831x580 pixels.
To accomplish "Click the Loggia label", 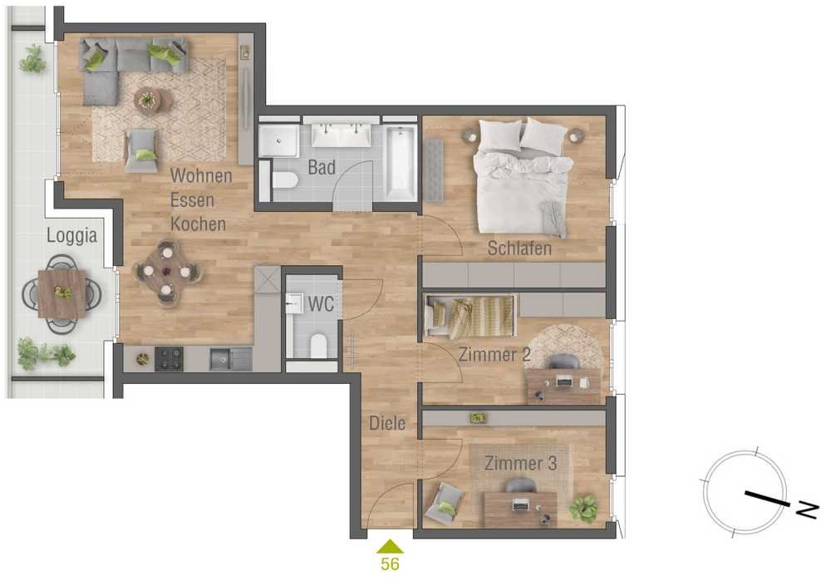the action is (x=71, y=236).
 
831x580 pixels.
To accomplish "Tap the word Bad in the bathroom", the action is (x=322, y=168).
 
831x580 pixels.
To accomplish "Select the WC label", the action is (x=321, y=304).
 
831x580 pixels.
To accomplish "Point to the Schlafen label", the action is (x=519, y=248).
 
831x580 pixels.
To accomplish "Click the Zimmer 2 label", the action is (x=494, y=354).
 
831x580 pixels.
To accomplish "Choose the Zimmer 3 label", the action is (x=520, y=464).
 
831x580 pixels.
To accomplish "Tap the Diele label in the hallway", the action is (x=387, y=423).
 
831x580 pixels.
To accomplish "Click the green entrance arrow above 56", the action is (x=390, y=546).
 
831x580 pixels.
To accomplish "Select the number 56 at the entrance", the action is (x=390, y=564).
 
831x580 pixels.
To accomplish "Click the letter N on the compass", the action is (x=808, y=509).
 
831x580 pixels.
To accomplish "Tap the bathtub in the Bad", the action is (x=401, y=163).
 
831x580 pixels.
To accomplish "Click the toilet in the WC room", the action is (x=318, y=346).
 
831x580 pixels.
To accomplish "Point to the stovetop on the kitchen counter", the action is (x=169, y=359).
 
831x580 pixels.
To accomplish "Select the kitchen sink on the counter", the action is (x=231, y=359).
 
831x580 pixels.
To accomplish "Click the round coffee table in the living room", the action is (x=153, y=101).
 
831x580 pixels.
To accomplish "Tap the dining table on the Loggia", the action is (x=62, y=293).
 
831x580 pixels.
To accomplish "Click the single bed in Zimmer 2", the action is (x=470, y=317).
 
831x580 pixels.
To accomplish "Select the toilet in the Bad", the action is (x=284, y=179).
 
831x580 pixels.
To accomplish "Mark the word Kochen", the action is (x=199, y=224).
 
